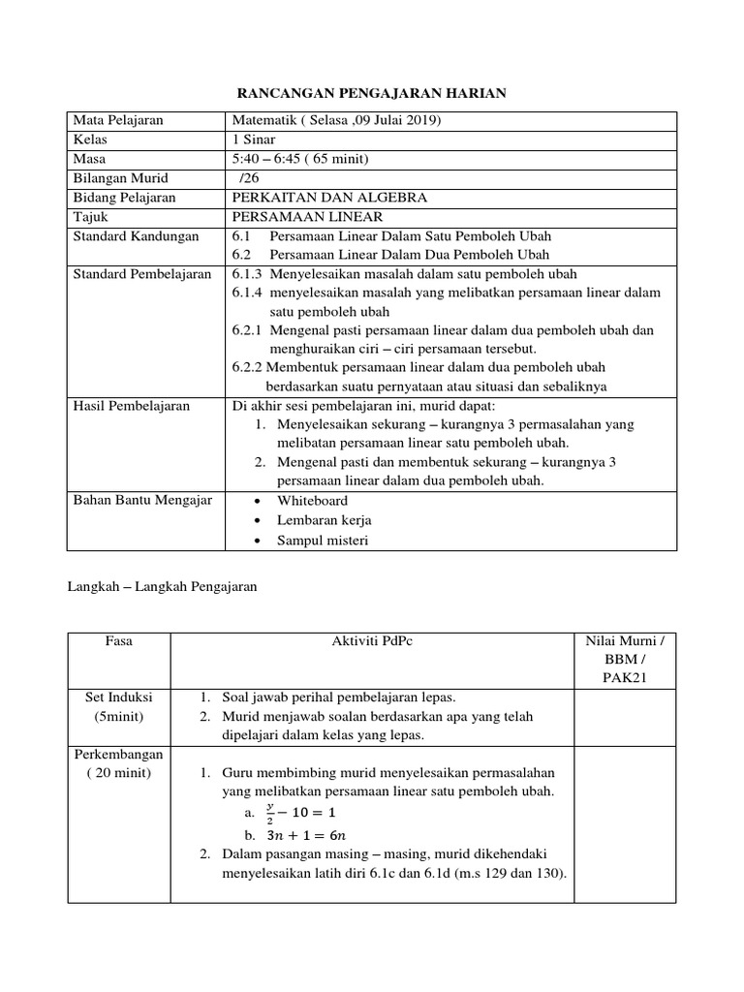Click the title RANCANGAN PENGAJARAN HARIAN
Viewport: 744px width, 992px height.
click(372, 93)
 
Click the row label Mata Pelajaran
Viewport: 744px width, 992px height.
click(118, 121)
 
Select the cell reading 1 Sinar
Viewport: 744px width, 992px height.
click(254, 140)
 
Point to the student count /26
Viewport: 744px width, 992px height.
click(250, 178)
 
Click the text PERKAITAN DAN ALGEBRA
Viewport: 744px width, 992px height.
click(329, 198)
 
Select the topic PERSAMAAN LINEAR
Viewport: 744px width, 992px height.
click(307, 217)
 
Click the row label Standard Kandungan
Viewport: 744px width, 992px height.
click(137, 236)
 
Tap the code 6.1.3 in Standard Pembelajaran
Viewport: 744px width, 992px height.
click(248, 274)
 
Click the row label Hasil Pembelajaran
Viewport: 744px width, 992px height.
click(132, 406)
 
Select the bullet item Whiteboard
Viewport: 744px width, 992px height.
click(312, 501)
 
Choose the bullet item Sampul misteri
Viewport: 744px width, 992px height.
click(323, 541)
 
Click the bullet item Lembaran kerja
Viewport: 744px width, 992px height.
click(325, 521)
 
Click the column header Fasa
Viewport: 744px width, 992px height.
click(118, 641)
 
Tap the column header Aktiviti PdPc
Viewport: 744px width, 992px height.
click(372, 641)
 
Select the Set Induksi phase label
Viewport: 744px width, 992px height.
click(118, 697)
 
